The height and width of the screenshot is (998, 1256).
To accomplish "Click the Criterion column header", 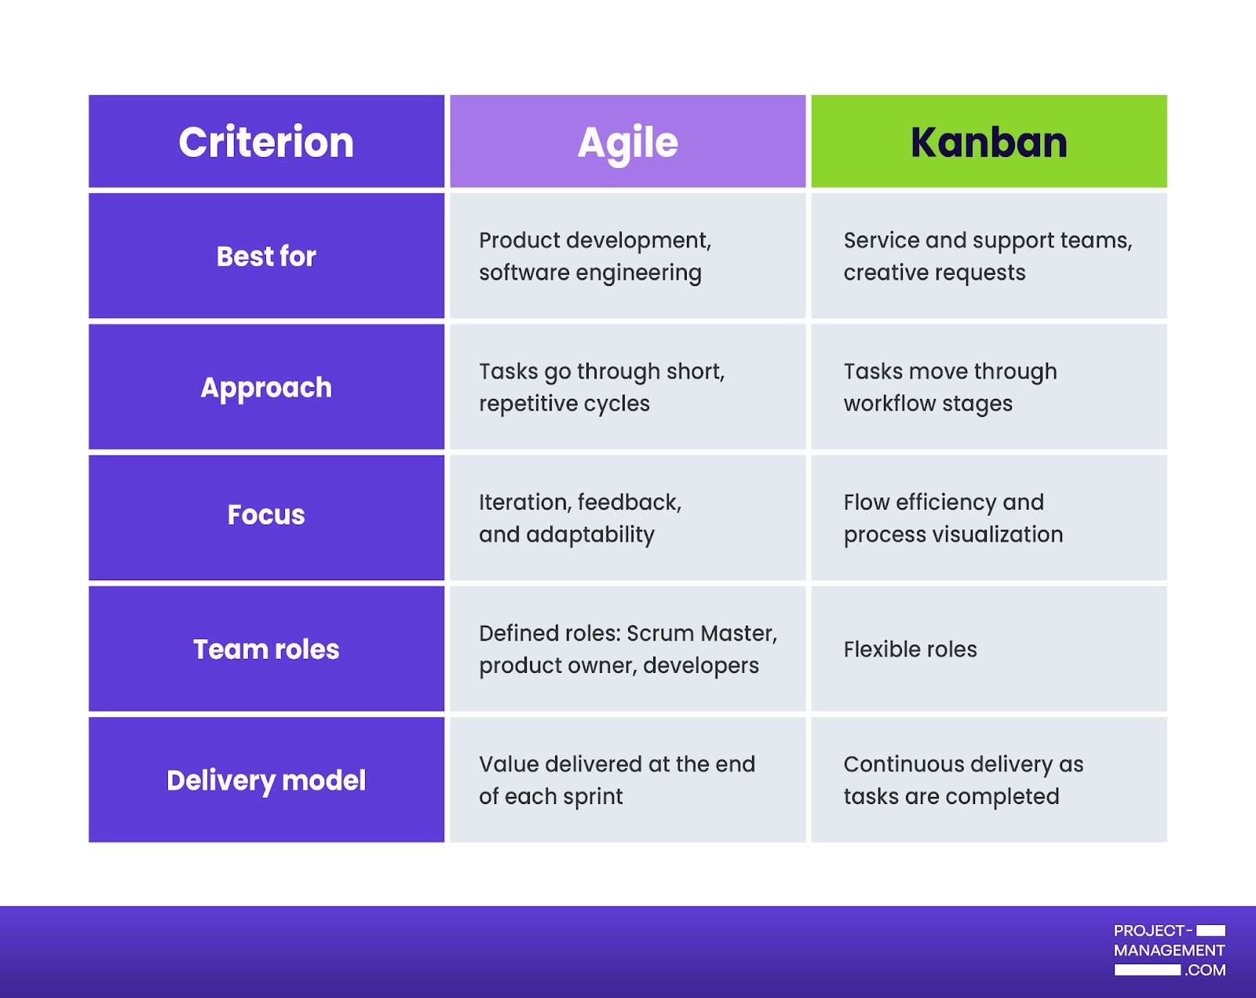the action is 266,141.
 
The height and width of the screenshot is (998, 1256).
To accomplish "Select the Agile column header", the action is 627,141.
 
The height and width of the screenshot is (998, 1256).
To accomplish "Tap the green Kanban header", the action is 988,141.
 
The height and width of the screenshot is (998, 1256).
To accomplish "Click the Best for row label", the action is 266,256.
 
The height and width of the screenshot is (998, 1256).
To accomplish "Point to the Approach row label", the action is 266,388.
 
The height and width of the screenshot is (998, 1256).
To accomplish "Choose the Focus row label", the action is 266,514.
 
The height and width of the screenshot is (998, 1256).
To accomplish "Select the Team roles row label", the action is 266,649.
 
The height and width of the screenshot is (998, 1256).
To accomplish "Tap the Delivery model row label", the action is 266,780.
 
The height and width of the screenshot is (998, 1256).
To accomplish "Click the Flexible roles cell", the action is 910,649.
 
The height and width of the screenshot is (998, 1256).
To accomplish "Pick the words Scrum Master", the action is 702,633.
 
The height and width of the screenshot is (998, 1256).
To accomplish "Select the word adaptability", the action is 590,535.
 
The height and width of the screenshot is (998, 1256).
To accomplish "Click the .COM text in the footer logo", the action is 1205,970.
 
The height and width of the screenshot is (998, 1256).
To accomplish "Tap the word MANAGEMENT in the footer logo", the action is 1169,950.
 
